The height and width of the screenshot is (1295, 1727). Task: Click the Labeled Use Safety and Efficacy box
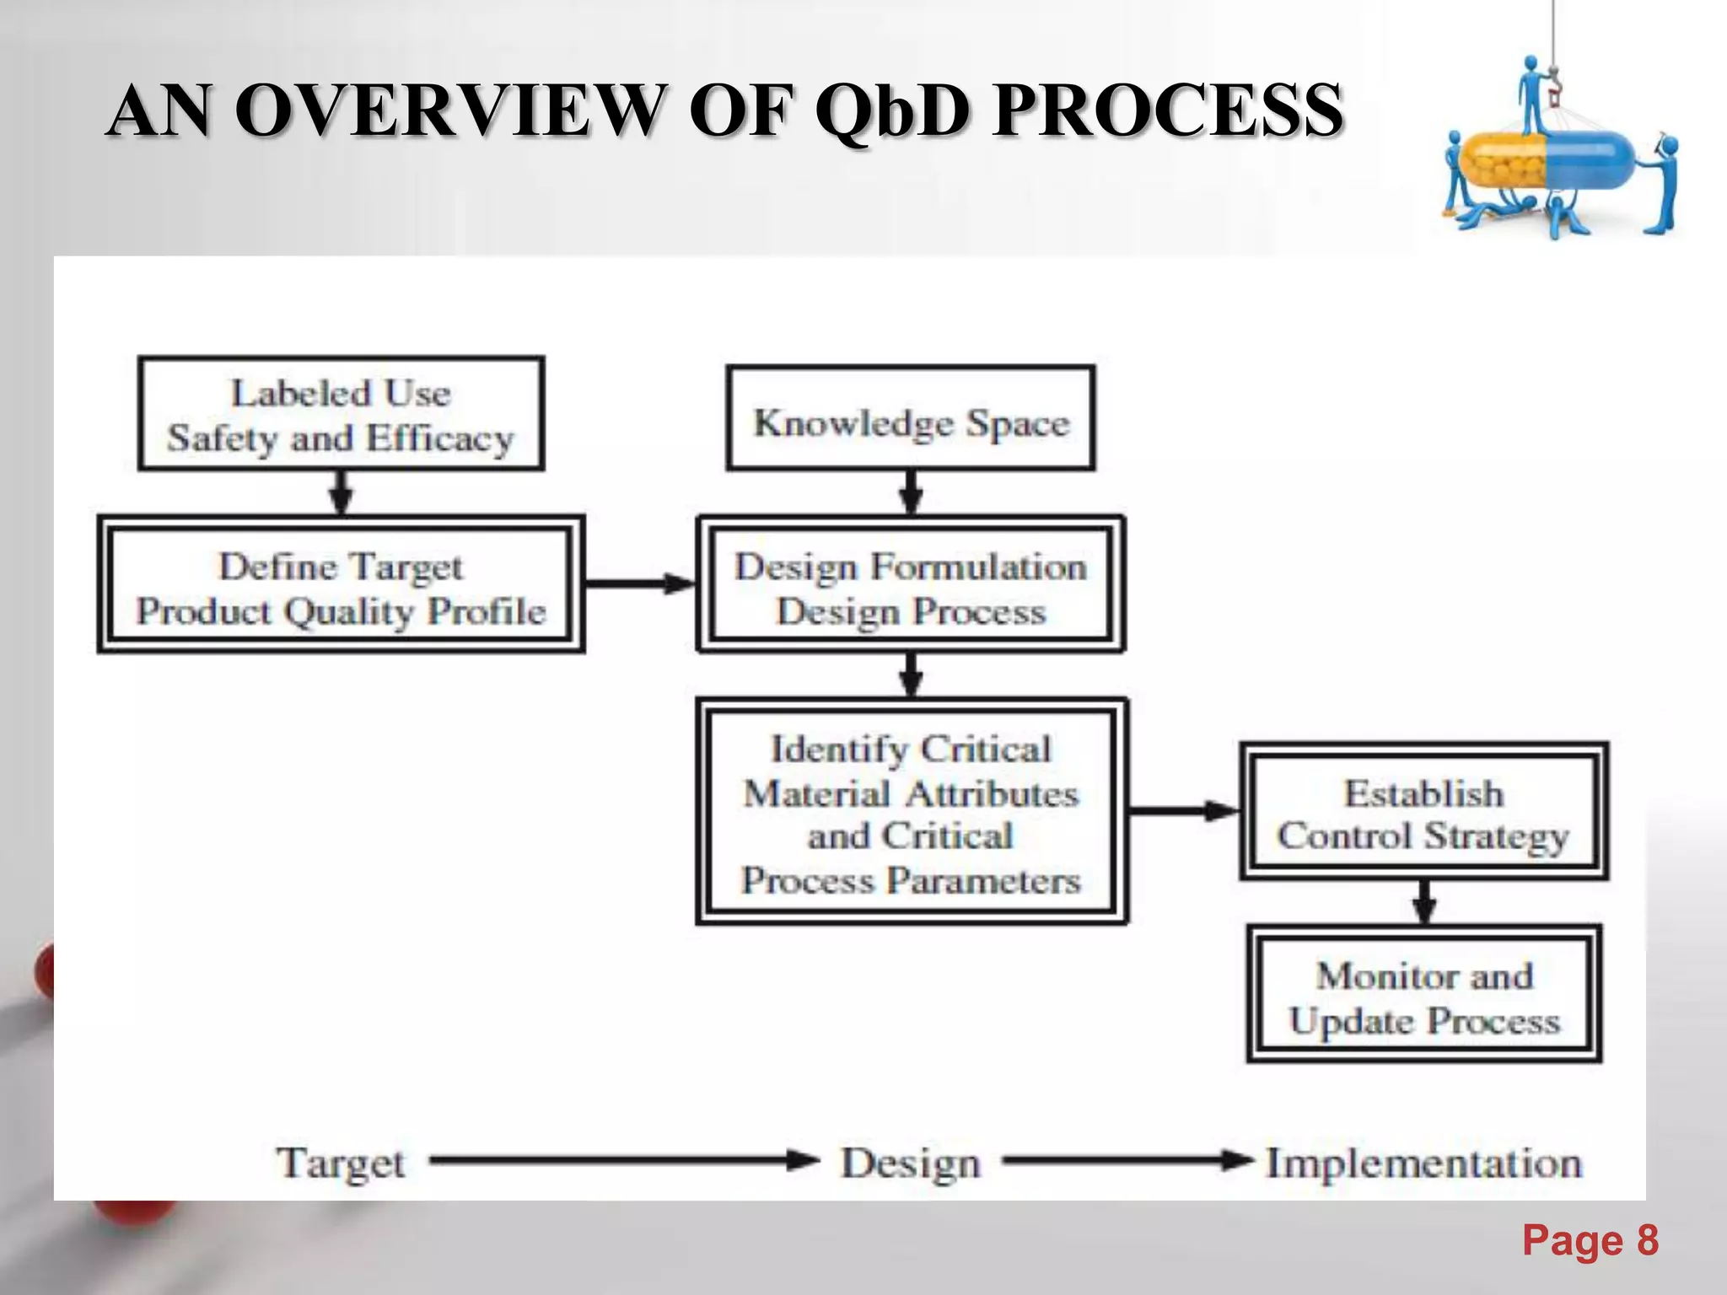[341, 414]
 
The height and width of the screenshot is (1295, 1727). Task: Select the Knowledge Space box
[911, 419]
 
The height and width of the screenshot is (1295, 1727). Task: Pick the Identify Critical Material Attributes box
[911, 811]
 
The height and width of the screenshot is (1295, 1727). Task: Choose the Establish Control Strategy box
[1423, 811]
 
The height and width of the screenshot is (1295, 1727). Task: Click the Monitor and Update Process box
[1423, 995]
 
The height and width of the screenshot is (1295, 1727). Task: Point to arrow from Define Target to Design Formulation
[639, 583]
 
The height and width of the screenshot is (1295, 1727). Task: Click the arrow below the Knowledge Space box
[911, 492]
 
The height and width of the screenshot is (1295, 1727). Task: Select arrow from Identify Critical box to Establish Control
[1182, 811]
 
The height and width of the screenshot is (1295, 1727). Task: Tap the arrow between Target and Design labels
[624, 1161]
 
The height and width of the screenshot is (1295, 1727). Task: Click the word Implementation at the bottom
[1423, 1163]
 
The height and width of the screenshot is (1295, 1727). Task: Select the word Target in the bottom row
[341, 1163]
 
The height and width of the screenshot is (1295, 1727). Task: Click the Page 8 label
[1590, 1241]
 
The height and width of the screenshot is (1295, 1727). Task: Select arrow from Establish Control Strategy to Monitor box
[1423, 902]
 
